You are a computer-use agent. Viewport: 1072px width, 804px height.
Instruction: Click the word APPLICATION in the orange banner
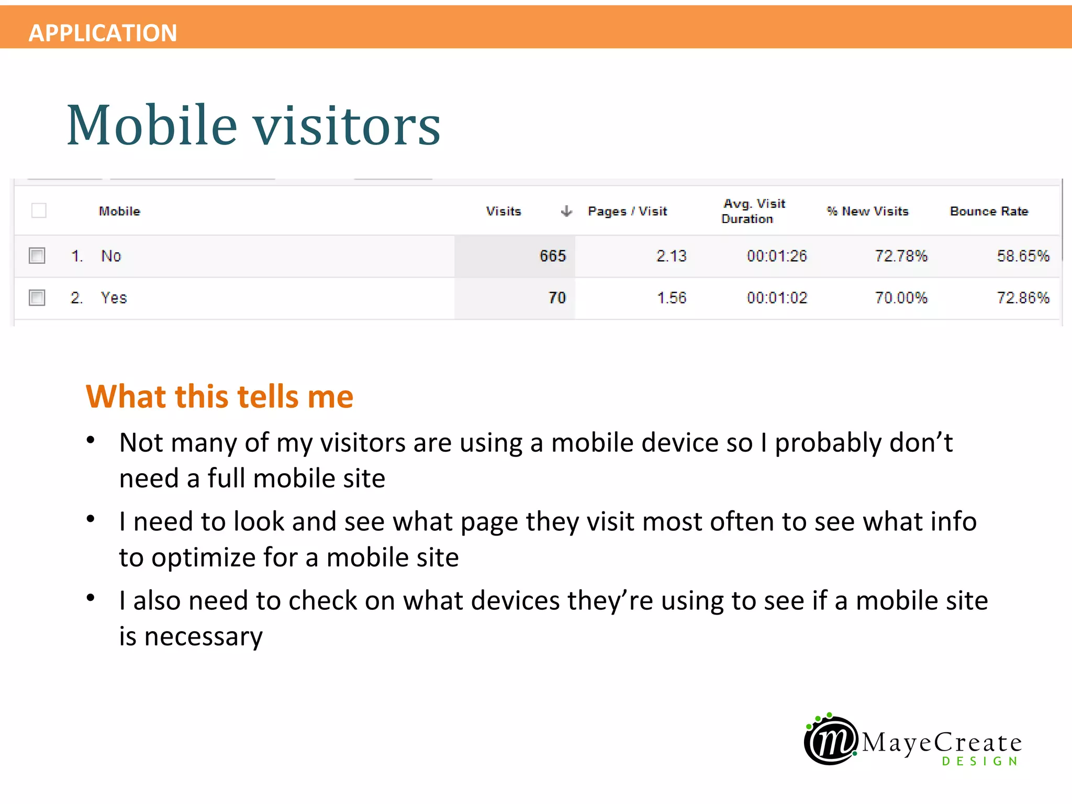103,33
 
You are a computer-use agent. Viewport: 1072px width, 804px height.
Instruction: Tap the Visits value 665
552,256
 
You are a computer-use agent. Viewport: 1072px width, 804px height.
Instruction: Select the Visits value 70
557,298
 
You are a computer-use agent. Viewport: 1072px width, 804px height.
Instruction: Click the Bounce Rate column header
989,211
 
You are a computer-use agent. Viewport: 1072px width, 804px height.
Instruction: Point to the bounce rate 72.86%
1023,298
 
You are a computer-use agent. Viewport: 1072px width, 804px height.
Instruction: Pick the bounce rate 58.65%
1023,256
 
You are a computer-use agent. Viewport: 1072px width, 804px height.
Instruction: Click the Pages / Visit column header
627,211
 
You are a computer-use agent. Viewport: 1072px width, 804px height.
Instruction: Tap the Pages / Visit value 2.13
671,256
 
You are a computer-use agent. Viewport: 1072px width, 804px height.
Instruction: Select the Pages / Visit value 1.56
671,298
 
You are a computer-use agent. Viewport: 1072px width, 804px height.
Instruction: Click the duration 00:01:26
777,256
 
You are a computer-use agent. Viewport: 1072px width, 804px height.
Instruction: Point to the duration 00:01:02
777,298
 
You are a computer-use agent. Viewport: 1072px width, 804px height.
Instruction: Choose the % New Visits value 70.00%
901,298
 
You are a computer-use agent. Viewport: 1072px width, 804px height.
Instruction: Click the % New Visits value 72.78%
901,256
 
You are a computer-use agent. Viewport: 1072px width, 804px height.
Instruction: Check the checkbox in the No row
37,256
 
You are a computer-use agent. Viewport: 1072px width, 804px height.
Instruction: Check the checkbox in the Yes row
37,298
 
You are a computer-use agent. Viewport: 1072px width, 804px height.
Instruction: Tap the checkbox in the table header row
39,210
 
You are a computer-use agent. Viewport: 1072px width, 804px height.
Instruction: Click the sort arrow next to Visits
566,211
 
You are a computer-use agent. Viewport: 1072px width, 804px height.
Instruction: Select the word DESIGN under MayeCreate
980,761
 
